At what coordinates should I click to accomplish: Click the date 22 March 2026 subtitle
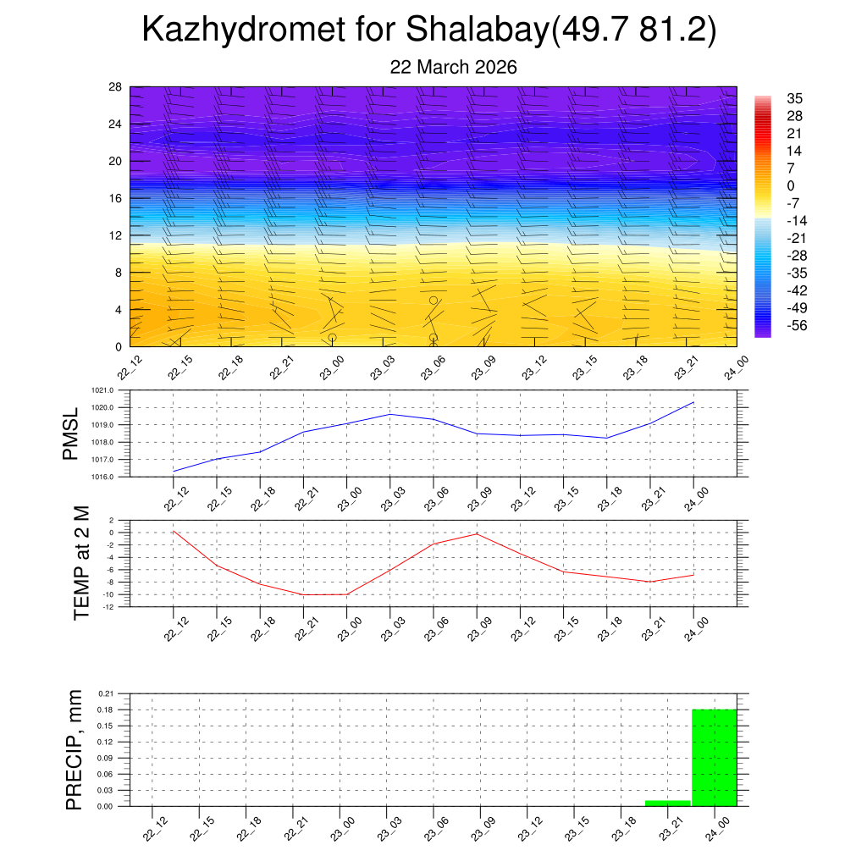[x=453, y=67]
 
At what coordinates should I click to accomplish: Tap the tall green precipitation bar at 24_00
[x=714, y=757]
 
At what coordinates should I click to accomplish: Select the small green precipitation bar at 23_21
[x=668, y=803]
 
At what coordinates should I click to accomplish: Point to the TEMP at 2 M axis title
[x=80, y=562]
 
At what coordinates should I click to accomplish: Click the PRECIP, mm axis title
[x=75, y=749]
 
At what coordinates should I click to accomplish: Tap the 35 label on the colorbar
[x=794, y=98]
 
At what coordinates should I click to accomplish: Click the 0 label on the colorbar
[x=791, y=186]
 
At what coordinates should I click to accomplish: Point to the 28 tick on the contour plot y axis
[x=115, y=87]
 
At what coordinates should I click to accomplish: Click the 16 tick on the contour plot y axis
[x=115, y=198]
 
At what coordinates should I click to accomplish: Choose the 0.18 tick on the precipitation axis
[x=105, y=710]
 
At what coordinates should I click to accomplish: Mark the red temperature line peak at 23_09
[x=477, y=533]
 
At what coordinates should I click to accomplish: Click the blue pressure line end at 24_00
[x=693, y=402]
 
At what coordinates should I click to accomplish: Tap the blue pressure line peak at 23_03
[x=390, y=414]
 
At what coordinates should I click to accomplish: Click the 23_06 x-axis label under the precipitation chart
[x=434, y=830]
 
